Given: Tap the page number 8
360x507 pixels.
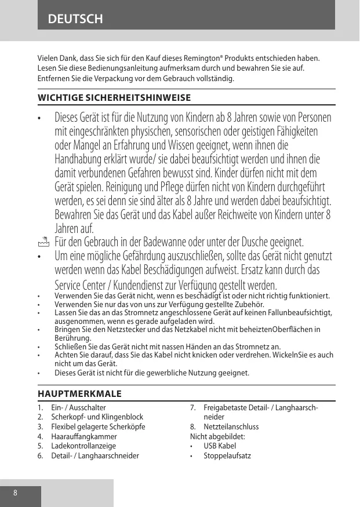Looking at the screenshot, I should tap(16, 493).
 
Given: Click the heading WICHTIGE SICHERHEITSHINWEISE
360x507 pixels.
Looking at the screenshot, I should tap(114, 97).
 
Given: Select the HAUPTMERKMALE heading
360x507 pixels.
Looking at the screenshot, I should tap(79, 394).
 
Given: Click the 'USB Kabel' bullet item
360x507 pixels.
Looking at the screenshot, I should tap(220, 446).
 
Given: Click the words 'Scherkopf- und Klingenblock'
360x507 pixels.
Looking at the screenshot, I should tap(97, 417).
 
